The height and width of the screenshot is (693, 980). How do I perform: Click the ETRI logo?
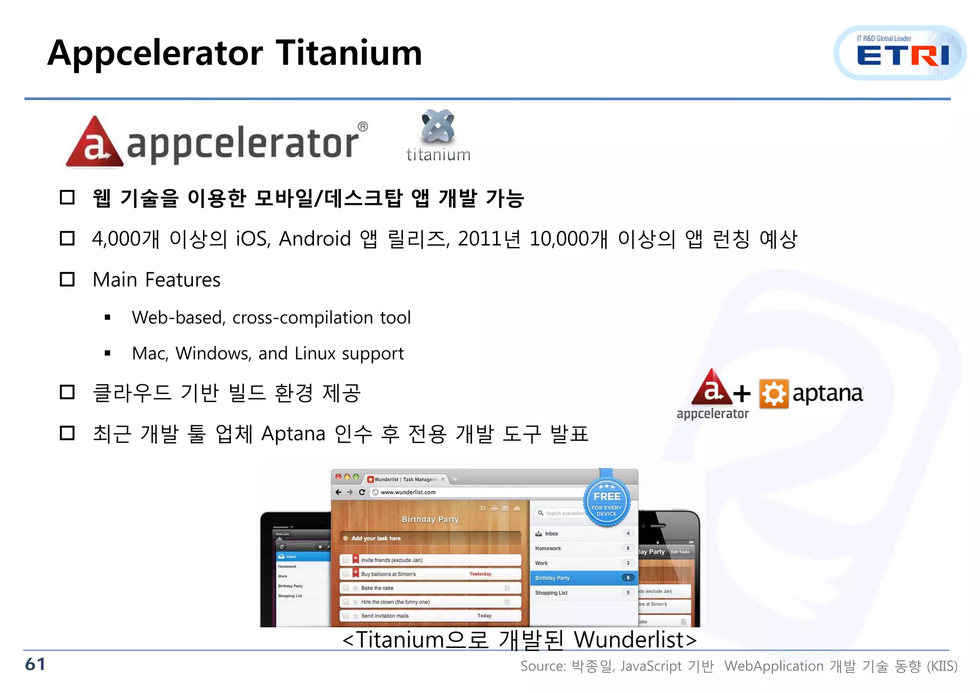point(901,54)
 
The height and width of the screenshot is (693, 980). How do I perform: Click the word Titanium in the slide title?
point(349,53)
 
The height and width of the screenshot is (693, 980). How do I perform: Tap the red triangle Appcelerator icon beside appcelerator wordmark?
point(94,143)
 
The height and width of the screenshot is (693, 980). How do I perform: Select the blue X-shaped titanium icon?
point(438,126)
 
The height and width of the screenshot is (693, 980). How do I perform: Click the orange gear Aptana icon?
point(774,393)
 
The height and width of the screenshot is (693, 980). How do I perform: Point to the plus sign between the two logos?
point(742,393)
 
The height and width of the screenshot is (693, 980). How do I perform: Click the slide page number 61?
point(35,664)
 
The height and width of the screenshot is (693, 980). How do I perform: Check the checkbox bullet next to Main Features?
point(67,279)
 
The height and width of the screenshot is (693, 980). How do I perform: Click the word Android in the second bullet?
point(314,239)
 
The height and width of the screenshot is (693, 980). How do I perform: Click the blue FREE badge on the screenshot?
point(607,502)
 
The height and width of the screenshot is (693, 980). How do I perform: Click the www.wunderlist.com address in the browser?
point(408,492)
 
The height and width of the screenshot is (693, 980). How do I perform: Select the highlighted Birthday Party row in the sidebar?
point(582,578)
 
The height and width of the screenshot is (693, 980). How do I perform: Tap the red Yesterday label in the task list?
point(480,574)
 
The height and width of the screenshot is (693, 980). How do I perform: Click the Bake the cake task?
point(377,588)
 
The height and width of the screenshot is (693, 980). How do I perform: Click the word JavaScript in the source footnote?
point(650,666)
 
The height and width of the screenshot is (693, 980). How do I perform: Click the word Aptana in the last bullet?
point(293,434)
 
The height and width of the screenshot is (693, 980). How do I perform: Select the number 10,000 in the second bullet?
point(558,239)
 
